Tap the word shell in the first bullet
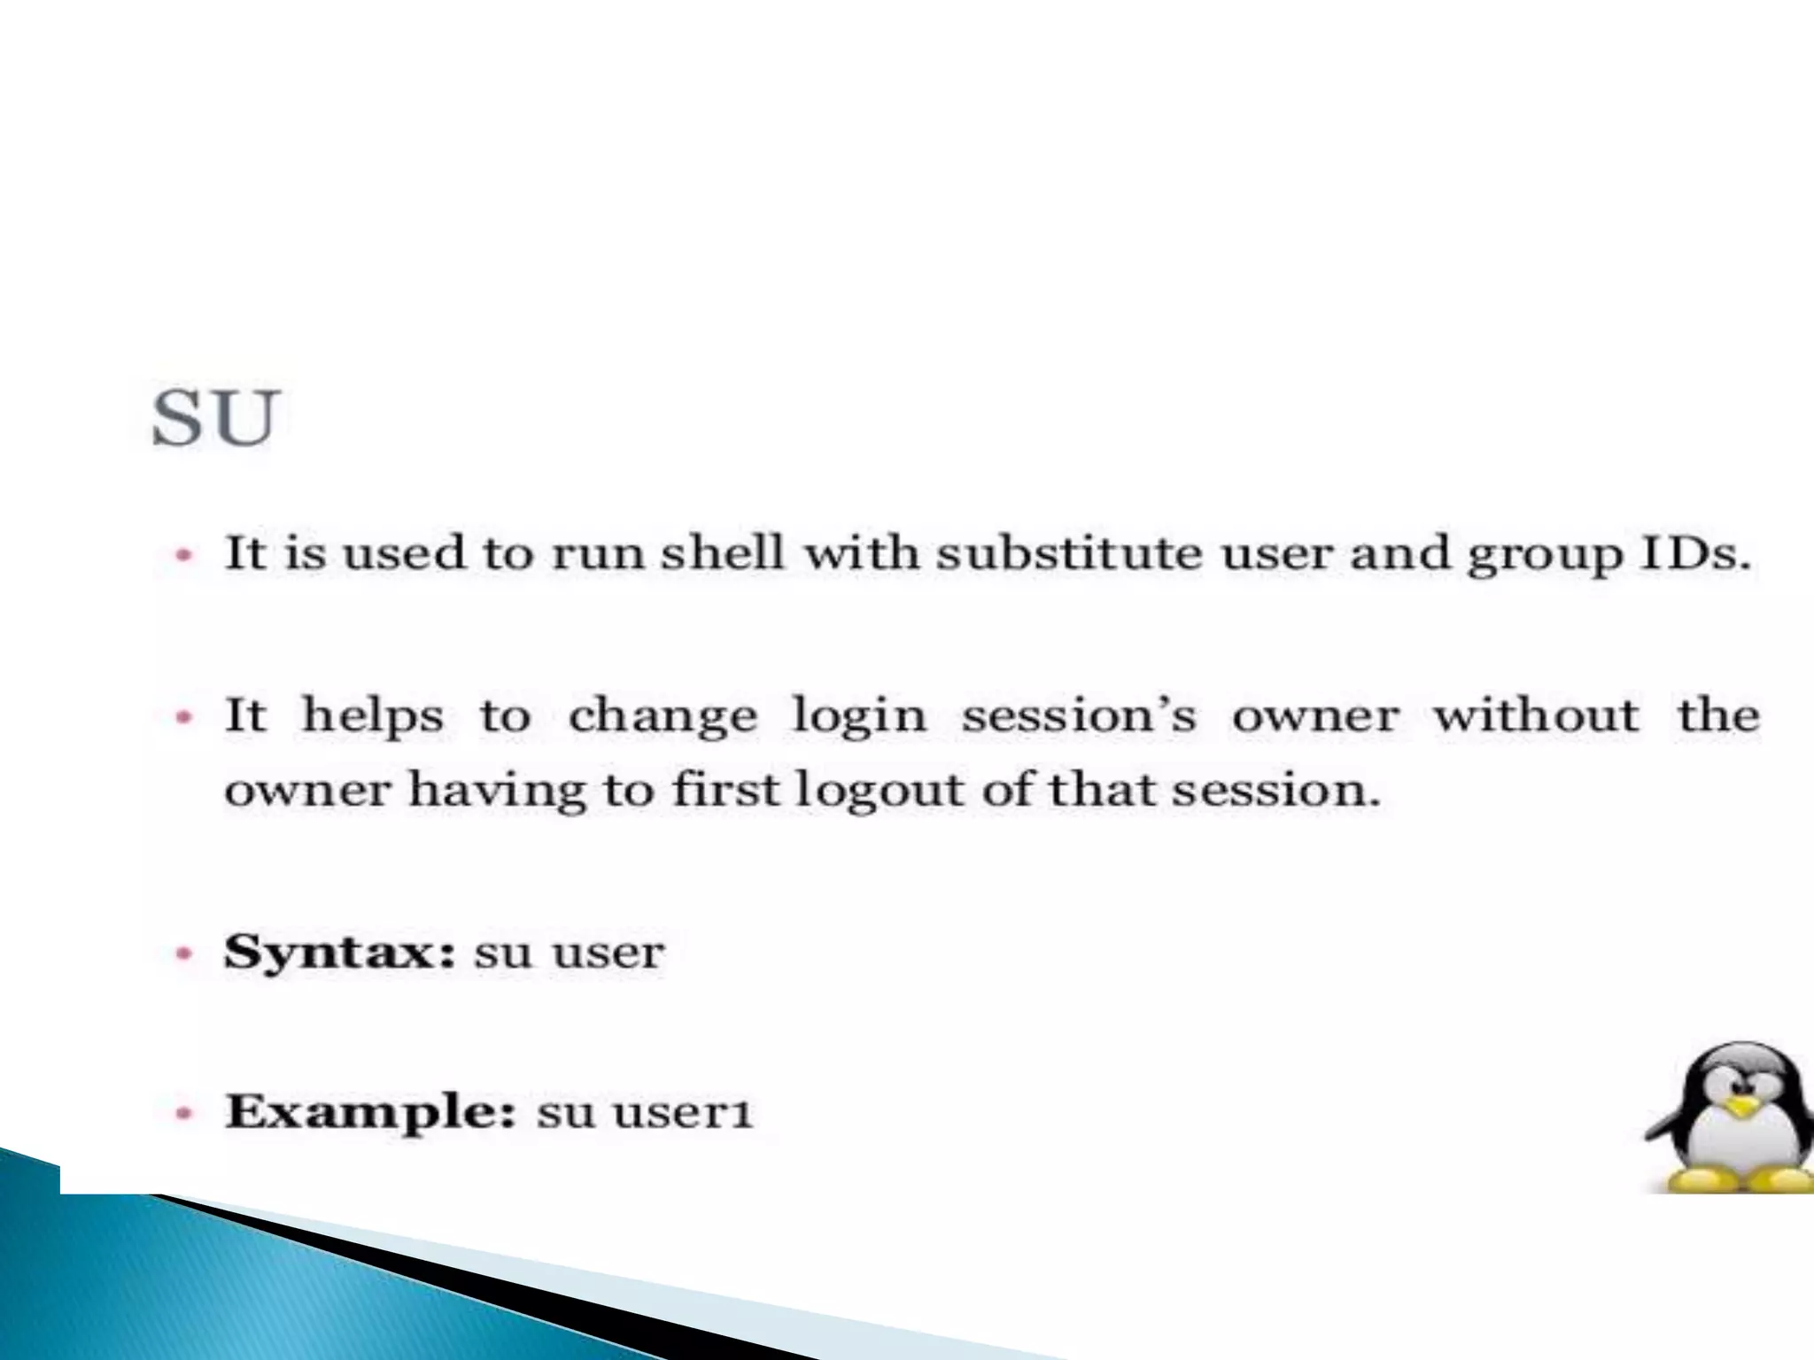[723, 553]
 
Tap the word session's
[1079, 715]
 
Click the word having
[497, 791]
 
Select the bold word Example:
[370, 1113]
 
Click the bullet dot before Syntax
[183, 954]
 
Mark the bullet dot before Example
[183, 1113]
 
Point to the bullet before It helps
[183, 716]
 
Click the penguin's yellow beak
[1742, 1107]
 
